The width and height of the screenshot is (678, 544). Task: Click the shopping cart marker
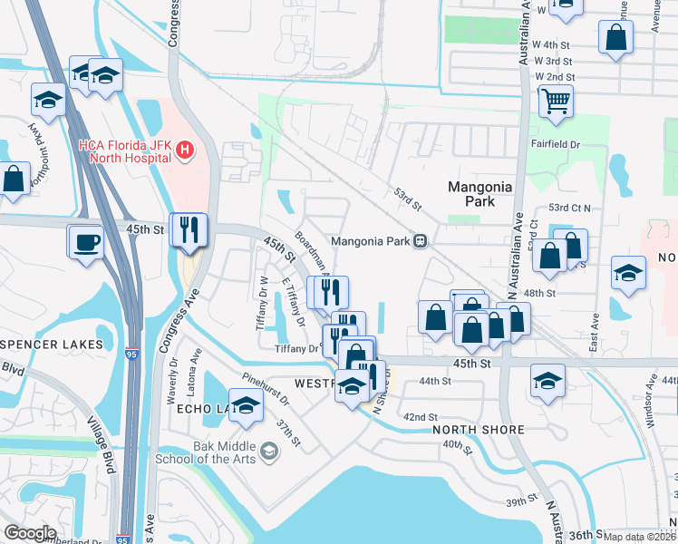[555, 101]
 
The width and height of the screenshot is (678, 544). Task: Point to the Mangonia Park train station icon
[421, 241]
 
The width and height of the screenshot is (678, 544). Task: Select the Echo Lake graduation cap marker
[245, 407]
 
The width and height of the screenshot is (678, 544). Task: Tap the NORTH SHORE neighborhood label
[479, 430]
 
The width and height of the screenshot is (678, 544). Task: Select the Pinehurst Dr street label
[266, 388]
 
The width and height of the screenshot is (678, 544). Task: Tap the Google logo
[30, 532]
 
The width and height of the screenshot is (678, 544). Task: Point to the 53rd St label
[408, 199]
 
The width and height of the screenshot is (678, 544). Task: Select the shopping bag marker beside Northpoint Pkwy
[15, 180]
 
